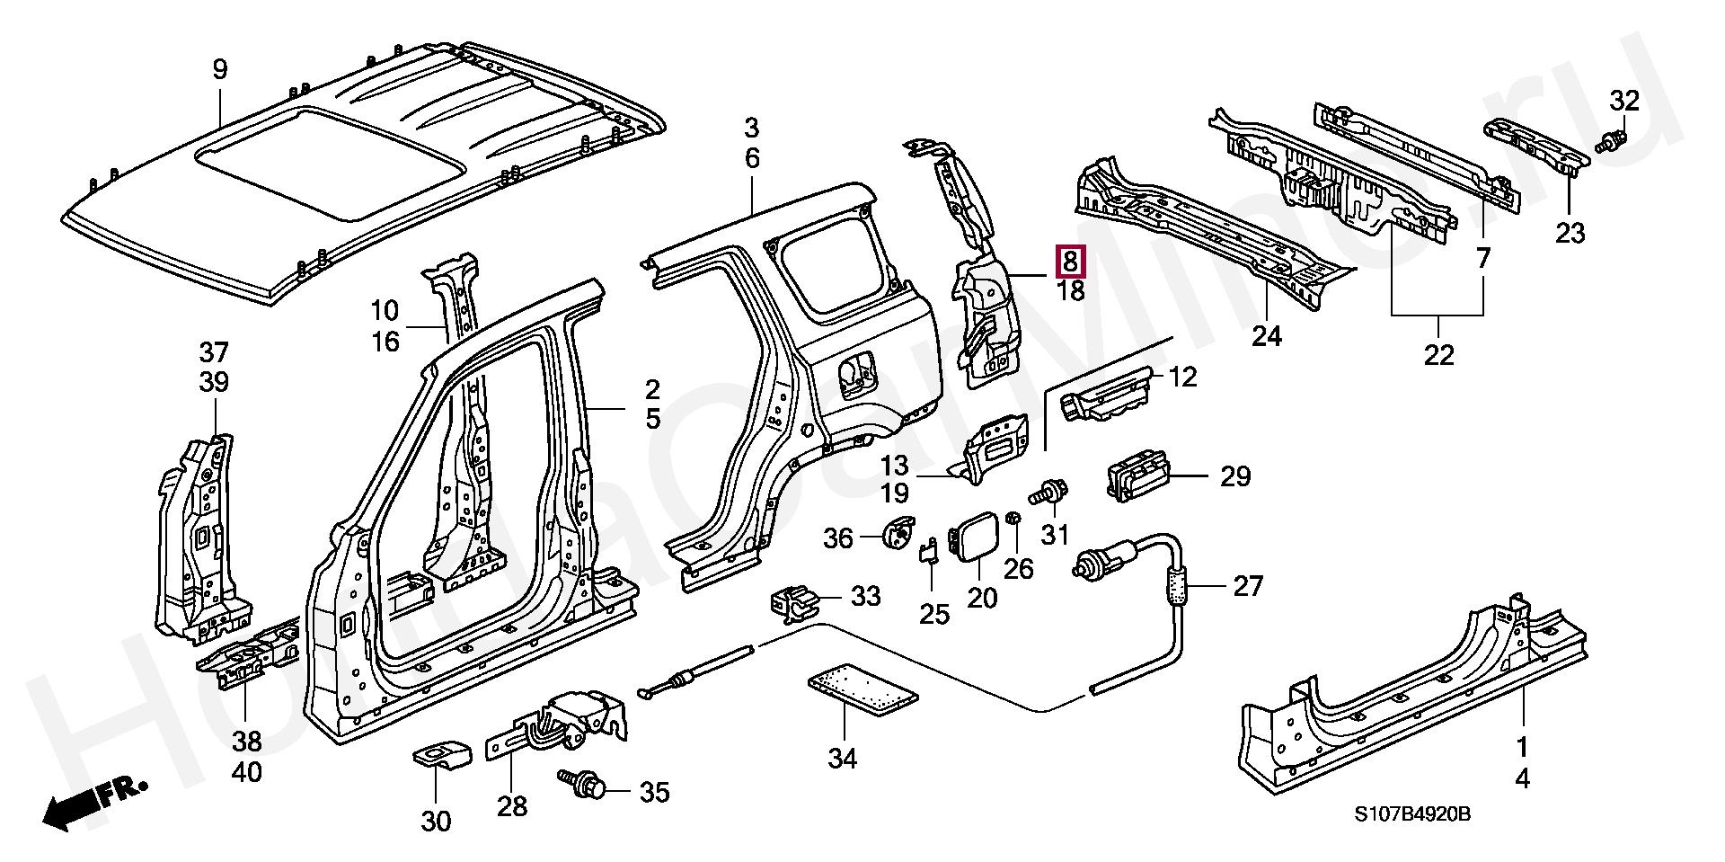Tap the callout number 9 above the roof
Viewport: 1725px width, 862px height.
(x=220, y=69)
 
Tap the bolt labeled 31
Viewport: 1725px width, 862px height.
(x=1049, y=493)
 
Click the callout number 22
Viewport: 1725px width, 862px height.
(x=1438, y=356)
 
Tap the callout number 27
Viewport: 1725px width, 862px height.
(x=1248, y=586)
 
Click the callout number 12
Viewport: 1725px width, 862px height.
(x=1183, y=377)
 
